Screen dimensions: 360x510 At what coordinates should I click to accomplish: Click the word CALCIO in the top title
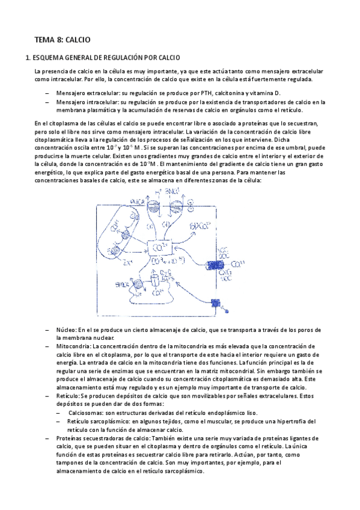(78, 40)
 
